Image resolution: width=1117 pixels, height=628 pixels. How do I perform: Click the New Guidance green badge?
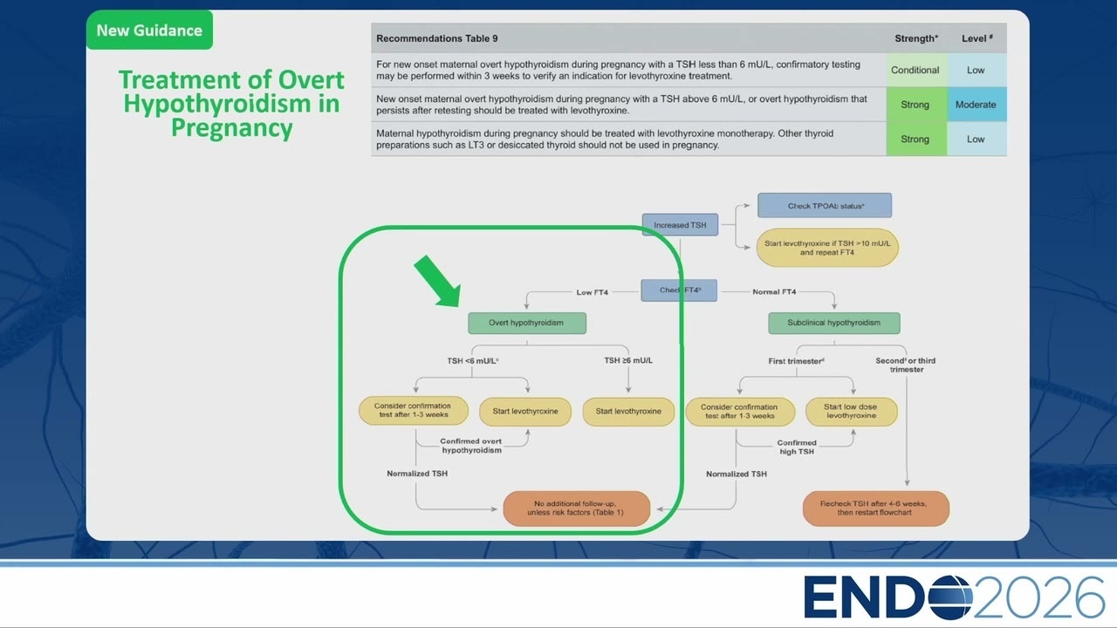coord(149,30)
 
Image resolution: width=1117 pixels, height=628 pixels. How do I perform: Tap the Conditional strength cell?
coord(916,71)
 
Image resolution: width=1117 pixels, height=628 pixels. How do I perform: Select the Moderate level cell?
coord(977,105)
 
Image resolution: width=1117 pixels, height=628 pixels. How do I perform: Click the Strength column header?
coord(916,38)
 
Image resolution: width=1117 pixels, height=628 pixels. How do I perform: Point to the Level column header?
coord(977,38)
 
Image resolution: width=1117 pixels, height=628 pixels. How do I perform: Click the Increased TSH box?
coord(680,225)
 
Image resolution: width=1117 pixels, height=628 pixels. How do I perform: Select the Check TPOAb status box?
coord(825,205)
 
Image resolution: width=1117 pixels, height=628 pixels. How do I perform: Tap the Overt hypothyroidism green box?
coord(527,323)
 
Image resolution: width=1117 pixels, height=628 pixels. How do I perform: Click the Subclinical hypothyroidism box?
coord(834,323)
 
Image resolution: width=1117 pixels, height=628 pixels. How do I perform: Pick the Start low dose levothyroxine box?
coord(852,411)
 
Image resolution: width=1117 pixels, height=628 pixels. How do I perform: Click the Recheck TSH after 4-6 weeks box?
coord(875,509)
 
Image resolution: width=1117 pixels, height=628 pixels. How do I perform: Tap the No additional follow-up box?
coord(577,509)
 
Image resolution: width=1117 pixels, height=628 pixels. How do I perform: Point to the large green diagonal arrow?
coord(438,282)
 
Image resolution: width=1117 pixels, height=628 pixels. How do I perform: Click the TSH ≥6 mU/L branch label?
coord(628,360)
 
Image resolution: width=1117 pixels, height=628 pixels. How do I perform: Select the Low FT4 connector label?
coord(593,292)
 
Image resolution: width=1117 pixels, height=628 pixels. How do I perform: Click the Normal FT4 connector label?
coord(774,291)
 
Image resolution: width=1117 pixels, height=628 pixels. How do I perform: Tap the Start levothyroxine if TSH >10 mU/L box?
coord(827,248)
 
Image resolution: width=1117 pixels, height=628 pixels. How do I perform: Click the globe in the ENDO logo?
coord(950,597)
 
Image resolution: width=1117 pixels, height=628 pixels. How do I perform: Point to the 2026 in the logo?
coord(1038,597)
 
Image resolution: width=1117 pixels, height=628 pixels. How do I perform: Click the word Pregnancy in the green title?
coord(232,128)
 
